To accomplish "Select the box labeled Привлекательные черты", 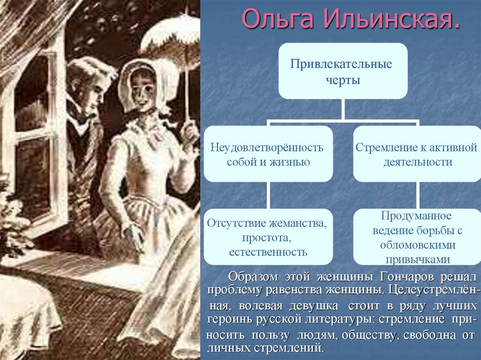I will pyautogui.click(x=343, y=71).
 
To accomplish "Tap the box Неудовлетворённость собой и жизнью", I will pyautogui.click(x=268, y=154).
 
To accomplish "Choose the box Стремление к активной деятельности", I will pyautogui.click(x=417, y=154).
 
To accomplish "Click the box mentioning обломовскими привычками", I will pyautogui.click(x=417, y=237).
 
